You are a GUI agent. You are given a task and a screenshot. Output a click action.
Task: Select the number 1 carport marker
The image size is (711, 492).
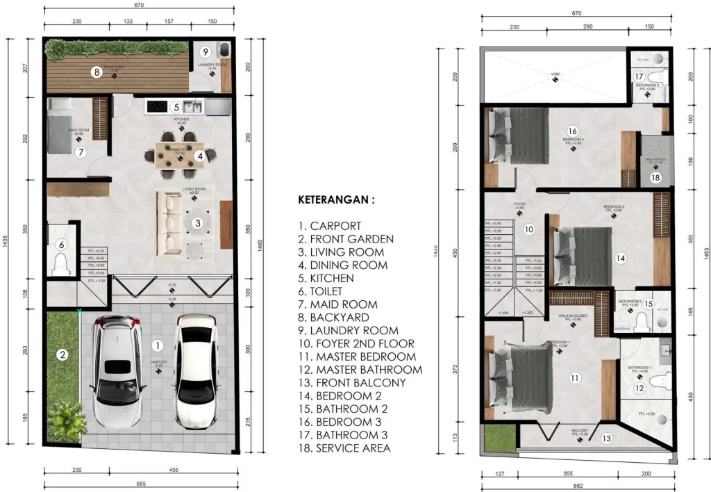tap(158, 345)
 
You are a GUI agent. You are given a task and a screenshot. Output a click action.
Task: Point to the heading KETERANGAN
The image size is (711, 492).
tap(336, 199)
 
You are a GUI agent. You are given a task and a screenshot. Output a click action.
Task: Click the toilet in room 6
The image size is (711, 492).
tap(60, 263)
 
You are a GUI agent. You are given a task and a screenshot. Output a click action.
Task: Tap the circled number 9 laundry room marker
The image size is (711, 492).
tap(205, 51)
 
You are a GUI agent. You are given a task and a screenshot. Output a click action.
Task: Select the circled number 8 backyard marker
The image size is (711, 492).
tap(97, 71)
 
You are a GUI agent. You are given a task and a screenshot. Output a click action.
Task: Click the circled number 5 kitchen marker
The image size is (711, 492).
tap(176, 107)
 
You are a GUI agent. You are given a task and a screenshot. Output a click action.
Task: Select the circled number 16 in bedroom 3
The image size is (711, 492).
tap(572, 131)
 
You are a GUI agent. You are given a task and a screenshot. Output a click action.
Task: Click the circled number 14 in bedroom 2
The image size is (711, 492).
tap(620, 258)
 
